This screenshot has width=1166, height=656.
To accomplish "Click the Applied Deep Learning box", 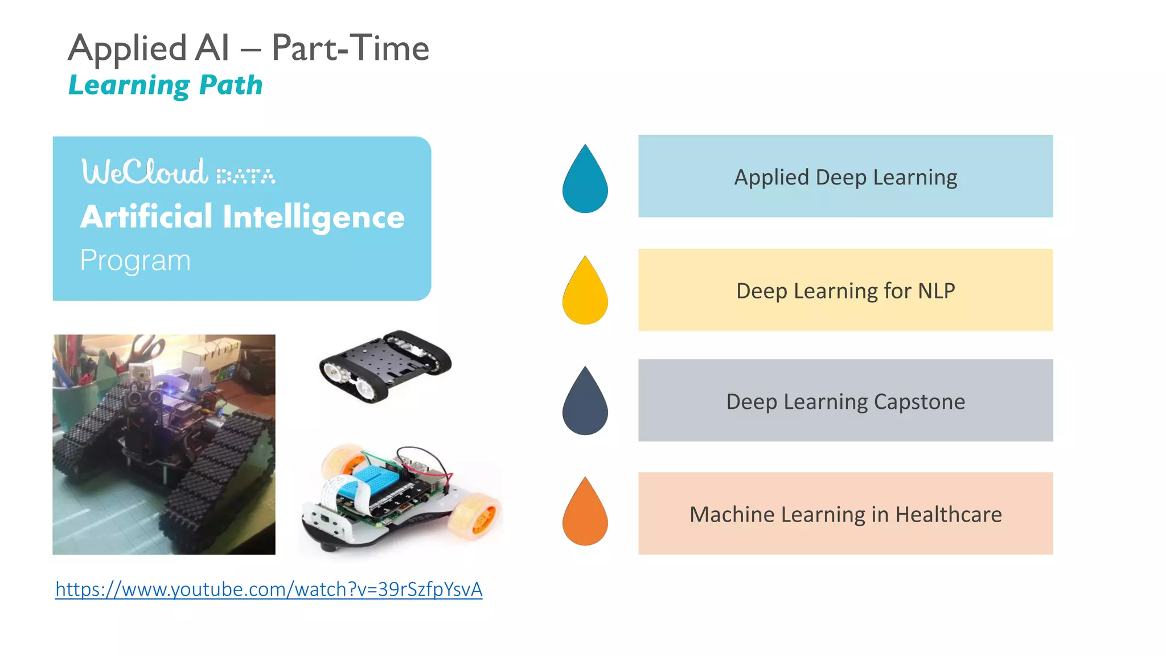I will [845, 176].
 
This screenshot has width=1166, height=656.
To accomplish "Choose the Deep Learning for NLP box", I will [845, 290].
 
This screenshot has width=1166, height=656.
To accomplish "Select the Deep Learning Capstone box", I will [845, 400].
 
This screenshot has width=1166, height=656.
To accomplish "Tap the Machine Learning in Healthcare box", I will [845, 513].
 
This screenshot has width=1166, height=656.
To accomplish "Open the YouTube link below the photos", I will [269, 589].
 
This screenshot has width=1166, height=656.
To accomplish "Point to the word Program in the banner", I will [136, 260].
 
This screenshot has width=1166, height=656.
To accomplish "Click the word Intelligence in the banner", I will [314, 218].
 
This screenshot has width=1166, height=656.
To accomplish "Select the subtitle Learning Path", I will [165, 85].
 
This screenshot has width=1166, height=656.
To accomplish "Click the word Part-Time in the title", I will [350, 48].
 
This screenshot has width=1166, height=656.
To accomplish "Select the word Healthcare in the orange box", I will [948, 514].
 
